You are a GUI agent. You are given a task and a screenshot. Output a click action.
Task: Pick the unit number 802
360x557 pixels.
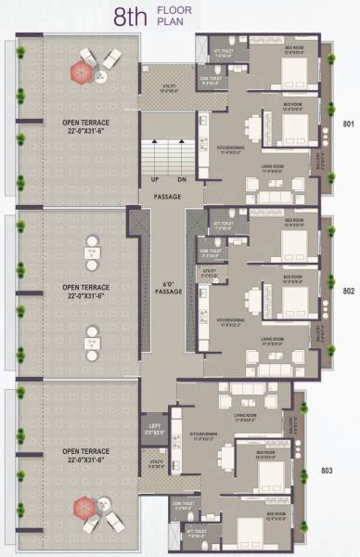click(349, 291)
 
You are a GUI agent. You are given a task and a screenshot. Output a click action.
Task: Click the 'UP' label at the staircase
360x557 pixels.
click(155, 178)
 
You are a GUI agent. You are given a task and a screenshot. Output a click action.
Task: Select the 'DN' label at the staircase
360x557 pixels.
click(182, 178)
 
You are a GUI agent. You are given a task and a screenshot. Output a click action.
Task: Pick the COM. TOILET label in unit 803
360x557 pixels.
click(182, 505)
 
